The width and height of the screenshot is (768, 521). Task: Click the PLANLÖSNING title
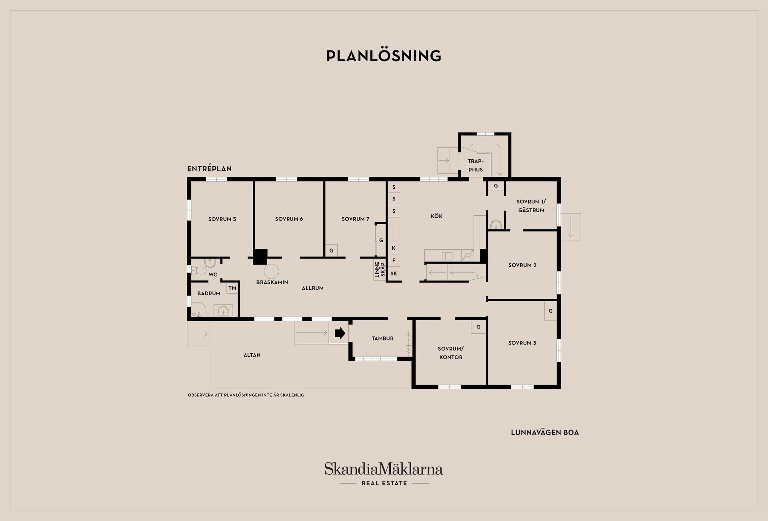(x=384, y=56)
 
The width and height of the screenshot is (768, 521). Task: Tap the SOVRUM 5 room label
(x=222, y=219)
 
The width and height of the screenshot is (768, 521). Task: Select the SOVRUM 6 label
(x=289, y=219)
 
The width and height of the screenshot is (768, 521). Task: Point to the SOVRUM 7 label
(x=355, y=219)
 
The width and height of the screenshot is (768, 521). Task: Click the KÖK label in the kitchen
(x=436, y=216)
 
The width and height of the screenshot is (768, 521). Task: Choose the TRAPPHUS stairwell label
(x=476, y=165)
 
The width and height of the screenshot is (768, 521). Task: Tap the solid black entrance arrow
(x=340, y=333)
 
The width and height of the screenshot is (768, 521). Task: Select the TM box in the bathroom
(x=232, y=288)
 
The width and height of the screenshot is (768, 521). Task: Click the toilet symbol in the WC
(x=198, y=271)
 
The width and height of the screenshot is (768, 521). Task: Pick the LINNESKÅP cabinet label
(x=380, y=270)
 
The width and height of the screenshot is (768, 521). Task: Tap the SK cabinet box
(x=394, y=274)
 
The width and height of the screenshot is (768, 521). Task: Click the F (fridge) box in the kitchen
(x=394, y=260)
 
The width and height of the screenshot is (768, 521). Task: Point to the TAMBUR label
(x=382, y=339)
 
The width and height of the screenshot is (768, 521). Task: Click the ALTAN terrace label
(x=252, y=355)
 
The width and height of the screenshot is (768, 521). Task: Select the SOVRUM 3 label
(x=522, y=343)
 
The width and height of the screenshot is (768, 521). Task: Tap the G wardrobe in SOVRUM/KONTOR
(x=478, y=327)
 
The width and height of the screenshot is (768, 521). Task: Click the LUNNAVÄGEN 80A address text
(x=545, y=433)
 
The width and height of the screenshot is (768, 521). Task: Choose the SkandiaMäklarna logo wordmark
(x=384, y=469)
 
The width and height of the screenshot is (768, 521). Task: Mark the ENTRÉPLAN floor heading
(x=210, y=168)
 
